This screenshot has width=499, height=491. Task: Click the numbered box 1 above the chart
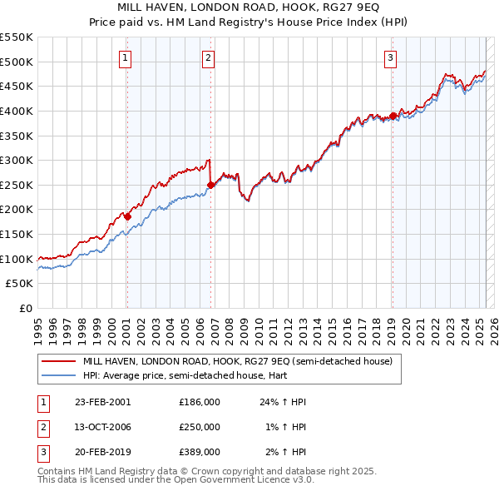coord(125,57)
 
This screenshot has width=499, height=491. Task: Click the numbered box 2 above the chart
coord(207,57)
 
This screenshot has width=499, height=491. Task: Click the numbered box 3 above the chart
coord(390,57)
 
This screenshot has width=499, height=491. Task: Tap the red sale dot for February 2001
coord(128,216)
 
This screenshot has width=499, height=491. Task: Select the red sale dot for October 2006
coord(210,185)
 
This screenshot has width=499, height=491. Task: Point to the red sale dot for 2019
coord(393,116)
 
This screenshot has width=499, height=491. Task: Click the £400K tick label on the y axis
coord(17,111)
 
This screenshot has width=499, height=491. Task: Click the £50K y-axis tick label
coord(20,283)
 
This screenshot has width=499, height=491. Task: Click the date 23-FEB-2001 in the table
coord(102,402)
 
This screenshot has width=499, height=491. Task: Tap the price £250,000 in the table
coord(199,427)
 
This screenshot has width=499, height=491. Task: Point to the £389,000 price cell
coord(199,452)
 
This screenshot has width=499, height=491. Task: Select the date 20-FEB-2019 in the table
coord(102,452)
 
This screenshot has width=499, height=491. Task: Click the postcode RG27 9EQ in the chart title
coord(352,5)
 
